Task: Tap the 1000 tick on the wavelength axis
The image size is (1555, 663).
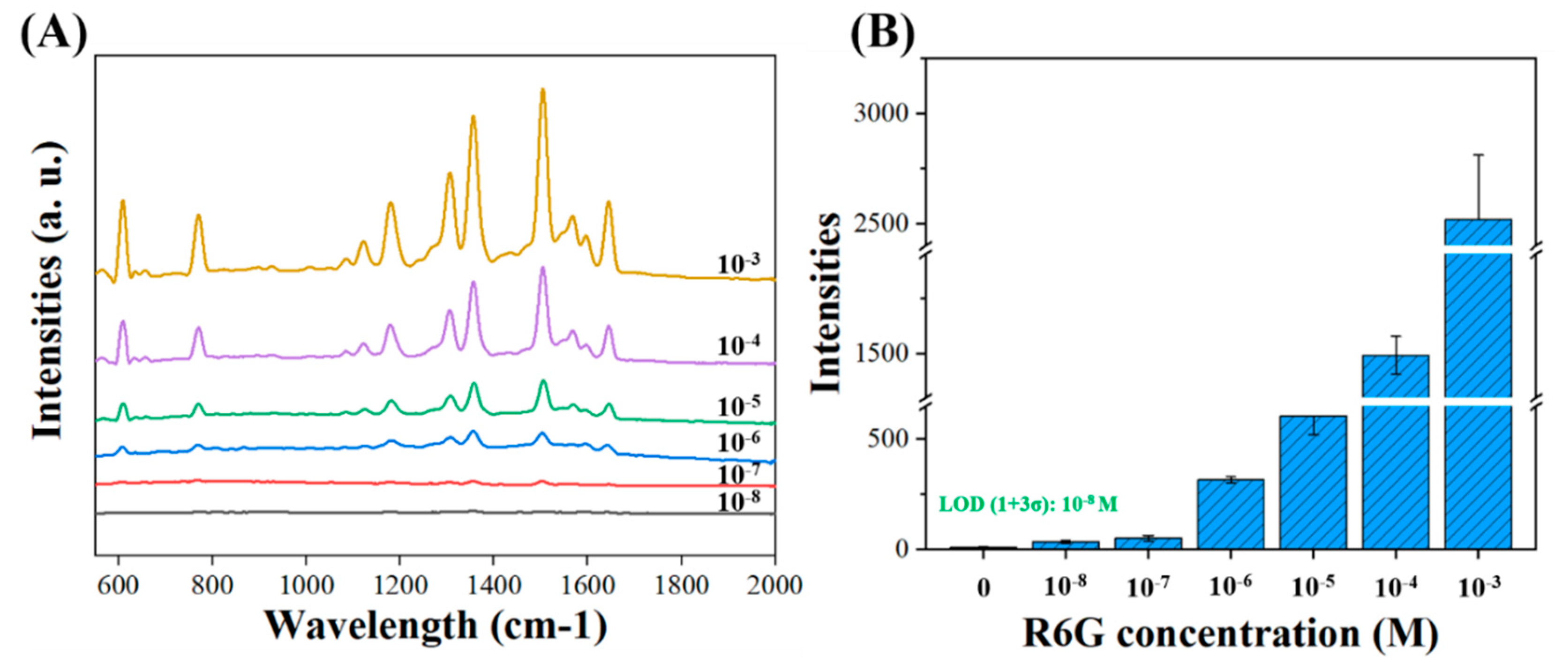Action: click(x=306, y=585)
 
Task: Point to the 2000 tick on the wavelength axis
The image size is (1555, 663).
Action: click(x=774, y=585)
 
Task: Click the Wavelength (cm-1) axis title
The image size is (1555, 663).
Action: click(x=436, y=626)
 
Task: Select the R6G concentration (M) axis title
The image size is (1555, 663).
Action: click(x=1230, y=633)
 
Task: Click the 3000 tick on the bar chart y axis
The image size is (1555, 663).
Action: click(x=881, y=113)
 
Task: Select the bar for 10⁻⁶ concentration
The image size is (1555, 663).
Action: click(x=1230, y=514)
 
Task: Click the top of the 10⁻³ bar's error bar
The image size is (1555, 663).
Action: click(x=1478, y=156)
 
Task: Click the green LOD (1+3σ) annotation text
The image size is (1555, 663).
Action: click(x=1028, y=504)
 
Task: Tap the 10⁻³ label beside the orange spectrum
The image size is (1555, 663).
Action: click(x=738, y=264)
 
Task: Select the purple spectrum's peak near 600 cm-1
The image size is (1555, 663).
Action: click(x=123, y=322)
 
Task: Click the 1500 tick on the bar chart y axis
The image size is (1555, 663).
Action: click(x=881, y=353)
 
